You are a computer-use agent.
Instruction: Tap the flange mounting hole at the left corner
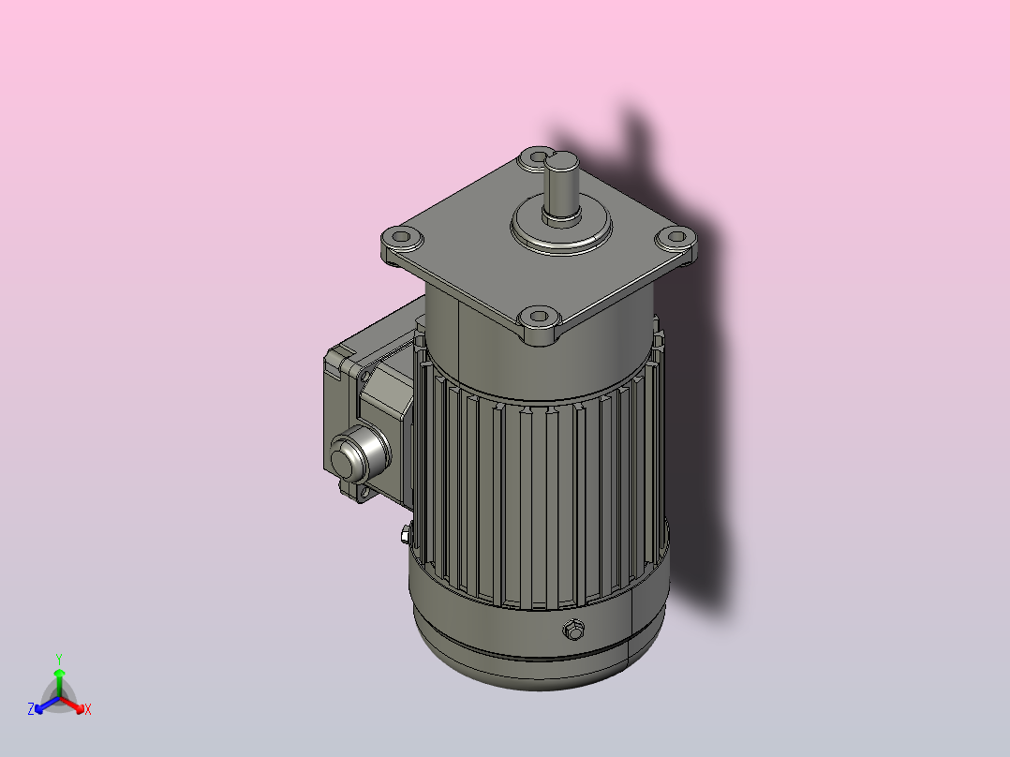point(401,237)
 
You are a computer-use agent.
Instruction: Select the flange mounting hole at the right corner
point(676,236)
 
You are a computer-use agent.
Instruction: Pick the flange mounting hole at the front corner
point(539,317)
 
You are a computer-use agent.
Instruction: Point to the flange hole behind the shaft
point(535,156)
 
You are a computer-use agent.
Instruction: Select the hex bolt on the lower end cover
point(572,630)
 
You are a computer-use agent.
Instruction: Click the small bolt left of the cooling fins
point(405,534)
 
